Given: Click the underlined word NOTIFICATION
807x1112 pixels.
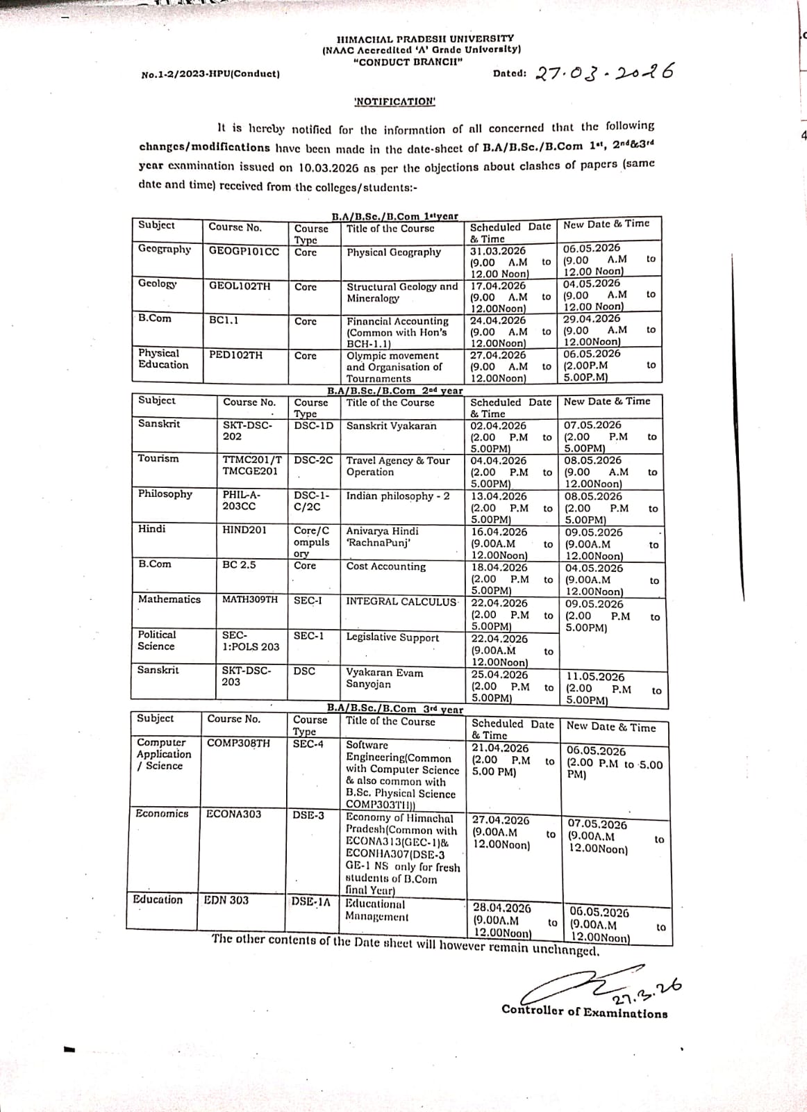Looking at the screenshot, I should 394,101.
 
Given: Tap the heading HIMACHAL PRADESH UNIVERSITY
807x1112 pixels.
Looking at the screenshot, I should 425,39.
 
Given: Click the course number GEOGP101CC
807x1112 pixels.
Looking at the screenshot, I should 244,250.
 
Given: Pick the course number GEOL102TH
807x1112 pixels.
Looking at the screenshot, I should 240,285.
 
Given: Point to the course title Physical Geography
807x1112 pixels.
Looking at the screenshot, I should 393,252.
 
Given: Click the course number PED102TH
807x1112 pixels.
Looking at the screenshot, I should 236,355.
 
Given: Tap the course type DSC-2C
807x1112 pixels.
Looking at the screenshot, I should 313,460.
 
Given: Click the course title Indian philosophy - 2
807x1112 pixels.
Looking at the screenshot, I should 398,496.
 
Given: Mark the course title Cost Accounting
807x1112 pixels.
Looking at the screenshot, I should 386,566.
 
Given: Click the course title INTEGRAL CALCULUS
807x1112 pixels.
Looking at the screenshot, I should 401,602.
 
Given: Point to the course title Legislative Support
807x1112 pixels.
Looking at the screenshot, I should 392,637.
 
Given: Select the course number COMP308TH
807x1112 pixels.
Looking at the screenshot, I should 238,743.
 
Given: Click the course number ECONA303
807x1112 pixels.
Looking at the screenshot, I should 234,814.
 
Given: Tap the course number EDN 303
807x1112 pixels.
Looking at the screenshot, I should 226,900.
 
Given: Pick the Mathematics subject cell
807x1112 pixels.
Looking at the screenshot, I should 169,599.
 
